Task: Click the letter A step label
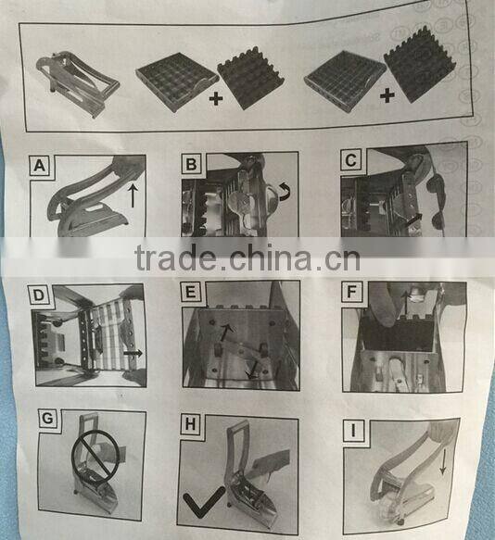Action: click(x=40, y=168)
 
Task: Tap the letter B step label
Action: click(x=191, y=166)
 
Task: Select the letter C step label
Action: click(x=350, y=160)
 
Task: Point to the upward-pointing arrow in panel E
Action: click(x=227, y=330)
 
